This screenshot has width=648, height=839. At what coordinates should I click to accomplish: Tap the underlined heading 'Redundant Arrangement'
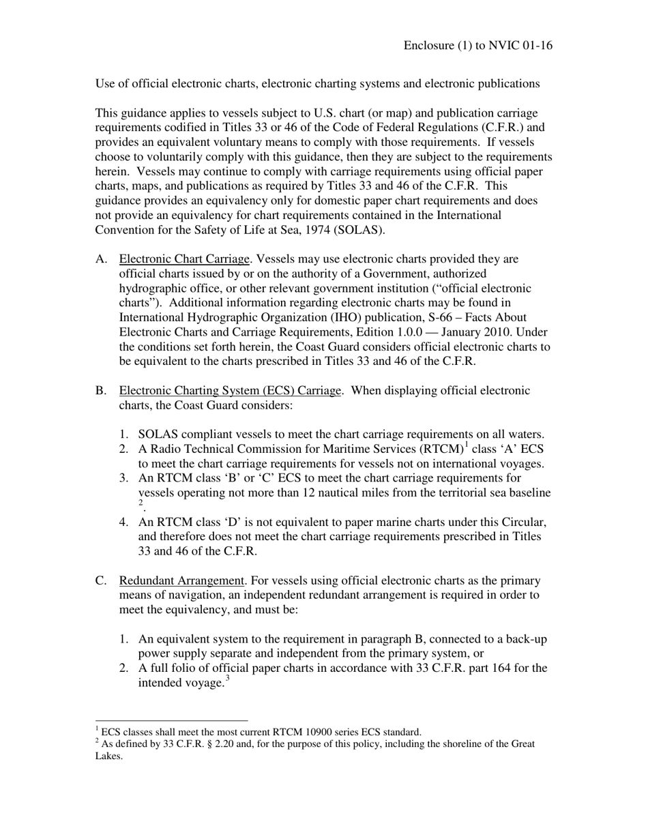coord(181,580)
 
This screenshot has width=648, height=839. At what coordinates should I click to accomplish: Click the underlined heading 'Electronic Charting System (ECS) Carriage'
coord(230,391)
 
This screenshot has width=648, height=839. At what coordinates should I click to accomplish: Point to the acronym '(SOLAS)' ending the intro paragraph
coord(362,230)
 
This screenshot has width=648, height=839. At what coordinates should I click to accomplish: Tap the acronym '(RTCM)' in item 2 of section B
coord(441,449)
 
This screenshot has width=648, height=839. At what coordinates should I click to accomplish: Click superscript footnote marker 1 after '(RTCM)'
coord(467,445)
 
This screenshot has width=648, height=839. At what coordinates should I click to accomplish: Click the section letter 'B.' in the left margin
coord(101,391)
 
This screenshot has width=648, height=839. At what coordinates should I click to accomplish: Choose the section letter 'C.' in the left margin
coord(101,580)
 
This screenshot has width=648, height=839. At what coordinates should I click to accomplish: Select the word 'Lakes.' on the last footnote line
coord(109,756)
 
